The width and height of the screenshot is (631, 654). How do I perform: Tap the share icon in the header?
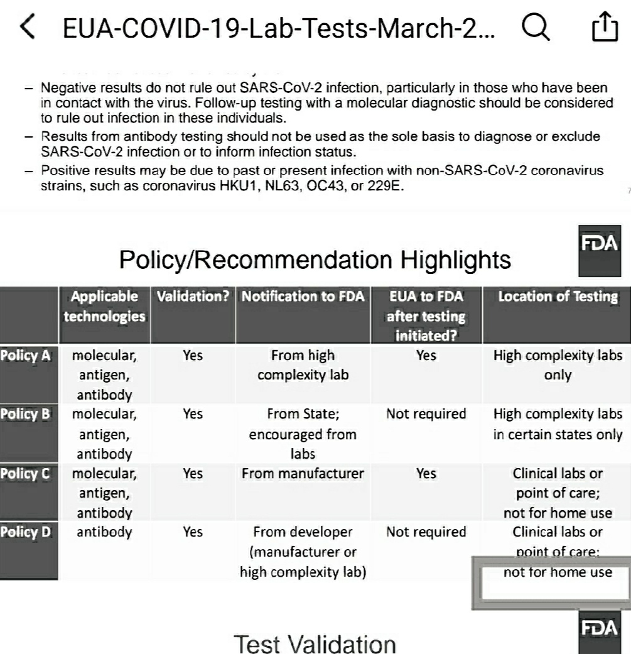click(x=605, y=28)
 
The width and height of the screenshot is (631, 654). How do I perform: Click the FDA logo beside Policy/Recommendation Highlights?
click(x=600, y=250)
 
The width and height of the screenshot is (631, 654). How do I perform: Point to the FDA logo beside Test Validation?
click(x=600, y=634)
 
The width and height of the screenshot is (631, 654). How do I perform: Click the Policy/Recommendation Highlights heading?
click(x=315, y=259)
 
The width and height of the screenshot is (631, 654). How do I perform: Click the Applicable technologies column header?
click(x=104, y=306)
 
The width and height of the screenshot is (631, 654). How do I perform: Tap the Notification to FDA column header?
click(x=303, y=297)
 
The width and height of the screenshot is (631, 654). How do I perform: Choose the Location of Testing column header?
click(x=558, y=297)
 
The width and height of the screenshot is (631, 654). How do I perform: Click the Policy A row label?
click(x=26, y=356)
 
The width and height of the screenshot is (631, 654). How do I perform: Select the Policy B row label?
click(x=26, y=415)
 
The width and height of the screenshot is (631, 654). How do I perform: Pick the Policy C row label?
click(x=26, y=474)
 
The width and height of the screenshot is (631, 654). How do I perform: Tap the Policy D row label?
click(x=26, y=533)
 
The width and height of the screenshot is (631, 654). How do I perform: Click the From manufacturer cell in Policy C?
click(x=303, y=474)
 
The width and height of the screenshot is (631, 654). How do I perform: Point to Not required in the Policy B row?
click(x=426, y=415)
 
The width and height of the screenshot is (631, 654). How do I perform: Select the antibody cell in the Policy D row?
click(x=104, y=533)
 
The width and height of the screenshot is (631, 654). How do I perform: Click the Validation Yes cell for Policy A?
click(x=193, y=356)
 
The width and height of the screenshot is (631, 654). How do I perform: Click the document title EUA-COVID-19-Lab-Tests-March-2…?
click(x=278, y=28)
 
